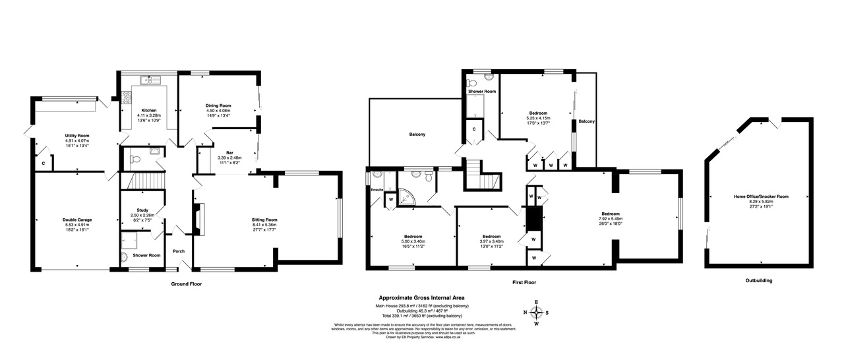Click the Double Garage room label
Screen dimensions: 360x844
click(x=77, y=220)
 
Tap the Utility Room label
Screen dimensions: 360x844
click(x=76, y=135)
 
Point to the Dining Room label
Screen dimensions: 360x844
click(x=218, y=105)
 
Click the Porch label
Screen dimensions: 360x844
click(x=179, y=251)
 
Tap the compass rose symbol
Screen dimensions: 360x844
click(x=536, y=313)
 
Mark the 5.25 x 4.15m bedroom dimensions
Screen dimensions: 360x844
click(x=538, y=118)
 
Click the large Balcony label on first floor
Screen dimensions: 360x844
click(x=417, y=135)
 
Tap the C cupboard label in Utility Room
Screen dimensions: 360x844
click(x=44, y=162)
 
